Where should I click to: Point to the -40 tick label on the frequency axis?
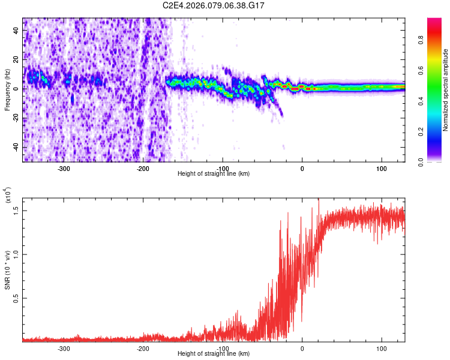(x=14, y=147)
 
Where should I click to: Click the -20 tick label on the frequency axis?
(x=14, y=118)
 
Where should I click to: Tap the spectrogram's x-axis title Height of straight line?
(x=214, y=173)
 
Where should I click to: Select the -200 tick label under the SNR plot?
(x=143, y=348)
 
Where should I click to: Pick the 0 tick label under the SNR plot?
(x=302, y=348)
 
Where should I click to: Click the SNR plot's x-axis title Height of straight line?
(x=214, y=353)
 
